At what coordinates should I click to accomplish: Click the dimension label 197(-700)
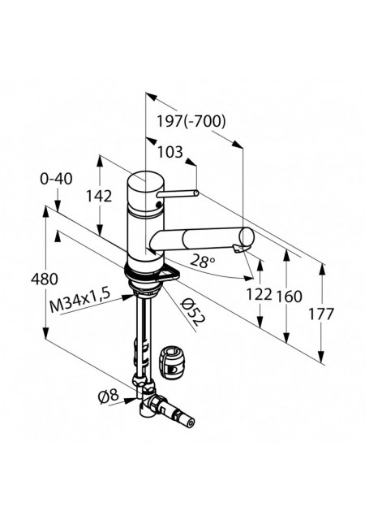[191, 121]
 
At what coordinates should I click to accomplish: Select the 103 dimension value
[170, 152]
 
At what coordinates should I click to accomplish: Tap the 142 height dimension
[99, 196]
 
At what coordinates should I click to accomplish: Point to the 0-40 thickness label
[56, 179]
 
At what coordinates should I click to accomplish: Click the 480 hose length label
[45, 279]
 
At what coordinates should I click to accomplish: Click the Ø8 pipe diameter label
[108, 396]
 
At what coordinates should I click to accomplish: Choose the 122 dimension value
[259, 294]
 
